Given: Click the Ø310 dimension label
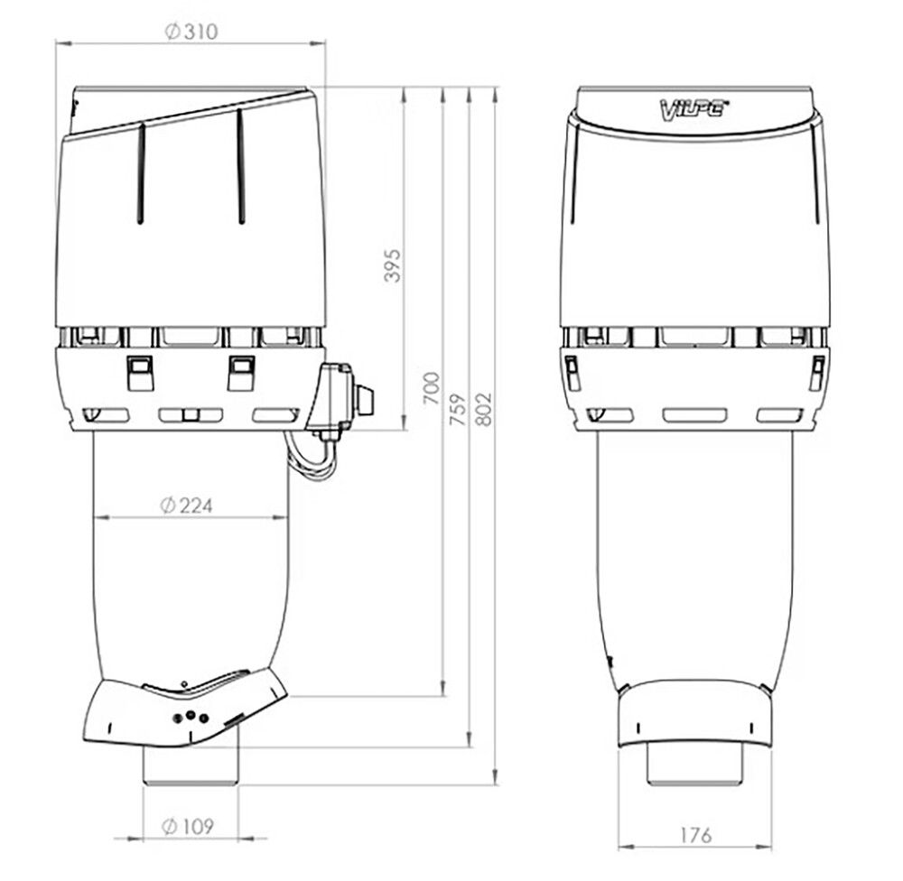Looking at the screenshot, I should [x=191, y=32].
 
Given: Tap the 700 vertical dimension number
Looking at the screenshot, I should [x=432, y=387].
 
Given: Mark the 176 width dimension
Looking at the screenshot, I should [x=694, y=835].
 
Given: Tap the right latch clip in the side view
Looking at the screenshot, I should [x=240, y=372].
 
